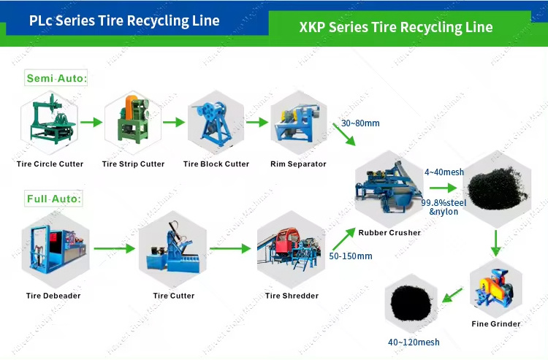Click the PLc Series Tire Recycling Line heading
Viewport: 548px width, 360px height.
pyautogui.click(x=124, y=20)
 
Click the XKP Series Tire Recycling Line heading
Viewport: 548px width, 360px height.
pyautogui.click(x=395, y=28)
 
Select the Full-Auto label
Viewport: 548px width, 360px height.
pyautogui.click(x=54, y=198)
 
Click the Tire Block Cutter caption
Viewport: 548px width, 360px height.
pyautogui.click(x=216, y=164)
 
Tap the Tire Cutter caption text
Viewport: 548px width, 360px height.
pyautogui.click(x=173, y=296)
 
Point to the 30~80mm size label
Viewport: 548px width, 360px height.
pyautogui.click(x=360, y=123)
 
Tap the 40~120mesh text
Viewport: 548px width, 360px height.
pyautogui.click(x=414, y=342)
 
